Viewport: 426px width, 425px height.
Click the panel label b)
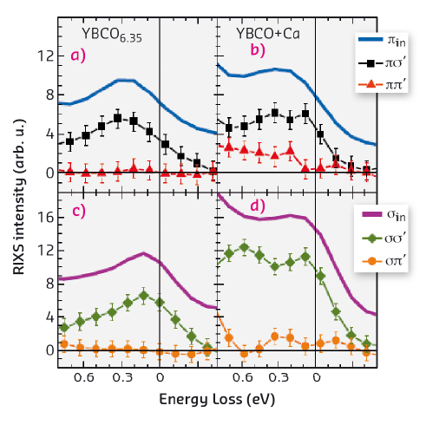pos(257,51)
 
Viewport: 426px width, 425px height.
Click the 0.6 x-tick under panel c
pos(83,378)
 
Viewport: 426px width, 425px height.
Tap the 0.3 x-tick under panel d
pos(278,378)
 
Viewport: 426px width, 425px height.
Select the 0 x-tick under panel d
pos(316,378)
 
